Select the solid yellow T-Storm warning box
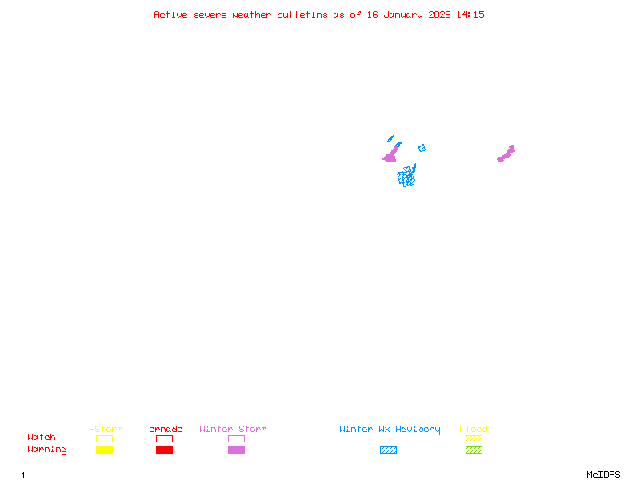point(104,450)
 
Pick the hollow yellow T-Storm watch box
point(104,438)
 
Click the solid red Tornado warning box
point(164,450)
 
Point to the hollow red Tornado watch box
point(164,438)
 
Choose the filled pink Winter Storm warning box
point(236,450)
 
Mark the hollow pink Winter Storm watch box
point(236,438)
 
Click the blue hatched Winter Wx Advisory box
point(388,450)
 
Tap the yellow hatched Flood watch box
point(474,438)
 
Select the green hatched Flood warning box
point(474,450)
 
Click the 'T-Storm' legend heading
point(103,430)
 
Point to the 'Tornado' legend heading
point(163,430)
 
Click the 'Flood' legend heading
point(474,430)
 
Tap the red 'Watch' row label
point(42,438)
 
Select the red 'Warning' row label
point(47,450)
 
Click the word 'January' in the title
point(403,14)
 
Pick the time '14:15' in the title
point(470,14)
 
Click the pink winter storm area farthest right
point(506,154)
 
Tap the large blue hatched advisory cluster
point(407,176)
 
